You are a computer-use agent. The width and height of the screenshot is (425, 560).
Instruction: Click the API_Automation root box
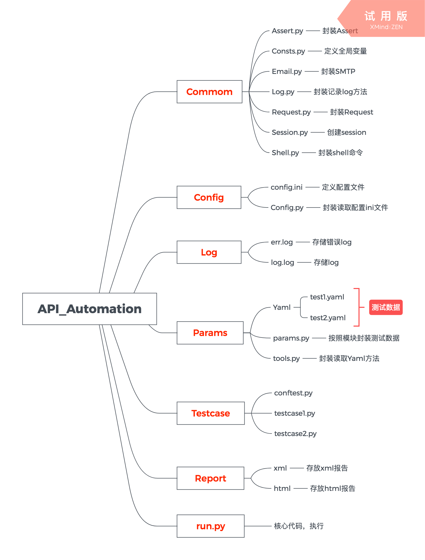(x=89, y=309)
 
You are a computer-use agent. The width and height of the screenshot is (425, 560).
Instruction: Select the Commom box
(x=209, y=92)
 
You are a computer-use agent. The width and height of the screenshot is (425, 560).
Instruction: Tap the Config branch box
(x=209, y=197)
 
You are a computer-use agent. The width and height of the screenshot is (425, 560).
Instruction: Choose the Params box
(x=210, y=333)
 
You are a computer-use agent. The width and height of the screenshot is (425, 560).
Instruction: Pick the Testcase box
(x=210, y=413)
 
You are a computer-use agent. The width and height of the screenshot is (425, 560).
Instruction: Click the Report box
(x=210, y=478)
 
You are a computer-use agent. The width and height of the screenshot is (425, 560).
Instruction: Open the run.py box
(x=210, y=526)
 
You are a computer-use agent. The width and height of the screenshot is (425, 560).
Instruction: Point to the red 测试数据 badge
(x=386, y=307)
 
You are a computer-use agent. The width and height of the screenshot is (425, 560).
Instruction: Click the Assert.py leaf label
(x=287, y=31)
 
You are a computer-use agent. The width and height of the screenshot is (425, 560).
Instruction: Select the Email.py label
(x=287, y=72)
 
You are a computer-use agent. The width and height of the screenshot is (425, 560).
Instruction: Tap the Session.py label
(x=290, y=133)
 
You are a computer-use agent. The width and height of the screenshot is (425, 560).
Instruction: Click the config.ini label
(x=287, y=187)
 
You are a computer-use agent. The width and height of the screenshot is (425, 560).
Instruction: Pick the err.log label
(x=282, y=242)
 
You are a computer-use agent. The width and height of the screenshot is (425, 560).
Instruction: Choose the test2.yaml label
(x=328, y=318)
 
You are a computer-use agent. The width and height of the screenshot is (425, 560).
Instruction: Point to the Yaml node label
(x=282, y=307)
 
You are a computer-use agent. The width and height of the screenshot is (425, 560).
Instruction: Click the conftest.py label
(x=293, y=393)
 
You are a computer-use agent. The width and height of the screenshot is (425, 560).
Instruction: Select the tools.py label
(x=286, y=359)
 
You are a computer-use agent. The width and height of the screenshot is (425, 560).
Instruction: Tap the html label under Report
(x=282, y=488)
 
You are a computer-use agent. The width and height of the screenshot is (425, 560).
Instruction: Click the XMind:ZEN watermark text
(x=386, y=27)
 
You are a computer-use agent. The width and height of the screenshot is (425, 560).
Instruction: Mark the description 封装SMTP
(x=338, y=72)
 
